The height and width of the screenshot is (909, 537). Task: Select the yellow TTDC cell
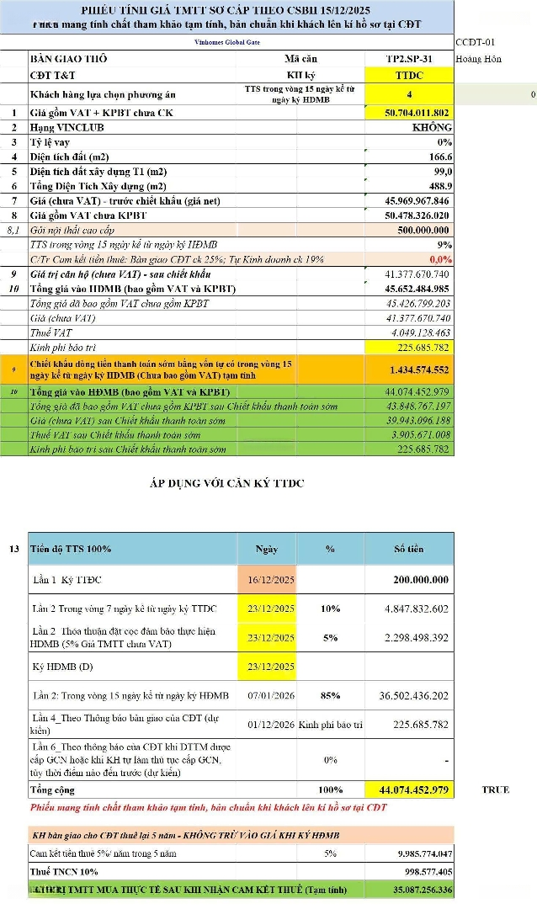point(409,74)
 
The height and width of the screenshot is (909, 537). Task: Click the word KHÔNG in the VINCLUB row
point(432,127)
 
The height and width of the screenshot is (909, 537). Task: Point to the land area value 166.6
point(439,157)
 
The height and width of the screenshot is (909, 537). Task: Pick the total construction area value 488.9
point(439,186)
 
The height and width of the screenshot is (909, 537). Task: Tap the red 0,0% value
point(440,259)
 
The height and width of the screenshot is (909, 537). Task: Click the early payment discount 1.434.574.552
point(419,369)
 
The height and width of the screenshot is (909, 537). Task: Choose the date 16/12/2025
point(271,581)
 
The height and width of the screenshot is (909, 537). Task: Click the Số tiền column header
point(409,549)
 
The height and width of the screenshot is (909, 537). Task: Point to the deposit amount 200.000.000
point(421,581)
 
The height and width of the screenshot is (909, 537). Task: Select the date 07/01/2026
point(271,695)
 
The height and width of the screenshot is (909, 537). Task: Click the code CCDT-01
point(476,41)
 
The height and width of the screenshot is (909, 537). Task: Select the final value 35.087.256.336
point(409,889)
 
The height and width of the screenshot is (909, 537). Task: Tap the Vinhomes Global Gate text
point(225,40)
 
